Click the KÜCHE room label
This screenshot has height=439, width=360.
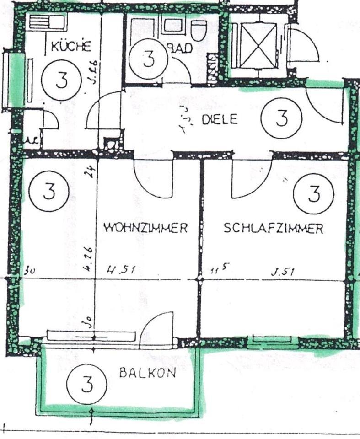click(x=71, y=46)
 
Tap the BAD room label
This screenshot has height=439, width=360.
click(x=181, y=48)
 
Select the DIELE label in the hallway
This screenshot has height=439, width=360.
click(x=220, y=120)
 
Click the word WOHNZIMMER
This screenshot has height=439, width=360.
click(x=145, y=228)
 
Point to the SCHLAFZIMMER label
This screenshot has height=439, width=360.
click(x=273, y=228)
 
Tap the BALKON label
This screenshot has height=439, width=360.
click(x=147, y=373)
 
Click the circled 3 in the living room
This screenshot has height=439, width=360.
click(x=48, y=191)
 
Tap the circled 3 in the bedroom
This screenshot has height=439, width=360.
click(x=313, y=194)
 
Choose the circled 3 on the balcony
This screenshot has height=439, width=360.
click(x=86, y=383)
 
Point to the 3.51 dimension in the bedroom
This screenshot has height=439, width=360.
click(x=282, y=272)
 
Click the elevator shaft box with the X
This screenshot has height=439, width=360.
click(x=259, y=44)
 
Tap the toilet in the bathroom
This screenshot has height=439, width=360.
click(x=198, y=29)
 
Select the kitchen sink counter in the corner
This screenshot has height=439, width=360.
click(x=48, y=21)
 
